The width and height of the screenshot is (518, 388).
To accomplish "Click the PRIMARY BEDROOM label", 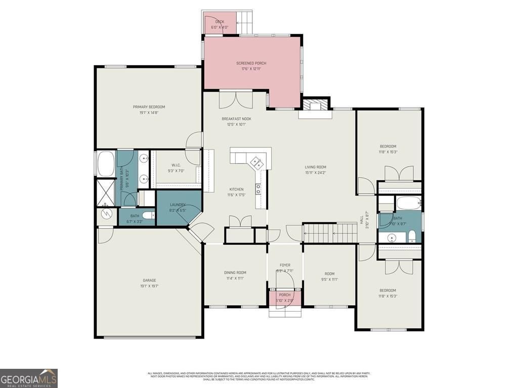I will pyautogui.click(x=149, y=107).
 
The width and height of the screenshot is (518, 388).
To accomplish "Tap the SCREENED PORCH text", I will pyautogui.click(x=251, y=63).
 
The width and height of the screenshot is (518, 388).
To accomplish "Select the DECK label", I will pyautogui.click(x=220, y=22).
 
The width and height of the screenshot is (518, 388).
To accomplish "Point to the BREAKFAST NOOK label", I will pyautogui.click(x=236, y=119).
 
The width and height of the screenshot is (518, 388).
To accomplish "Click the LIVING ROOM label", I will pyautogui.click(x=315, y=167).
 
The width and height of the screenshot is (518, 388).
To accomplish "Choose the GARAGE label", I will pyautogui.click(x=149, y=280).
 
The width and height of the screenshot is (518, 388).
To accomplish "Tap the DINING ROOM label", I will pyautogui.click(x=235, y=273).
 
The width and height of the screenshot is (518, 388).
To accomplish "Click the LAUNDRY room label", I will pyautogui.click(x=178, y=205).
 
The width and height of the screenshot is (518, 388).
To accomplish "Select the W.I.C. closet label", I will pyautogui.click(x=176, y=165).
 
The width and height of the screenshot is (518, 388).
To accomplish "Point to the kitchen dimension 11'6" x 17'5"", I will pyautogui.click(x=236, y=195).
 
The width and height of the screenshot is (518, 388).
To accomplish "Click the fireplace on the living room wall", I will pyautogui.click(x=316, y=105).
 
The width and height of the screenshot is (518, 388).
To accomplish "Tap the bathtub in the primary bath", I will pyautogui.click(x=106, y=163).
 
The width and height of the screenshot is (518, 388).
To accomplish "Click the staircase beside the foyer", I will pyautogui.click(x=329, y=233).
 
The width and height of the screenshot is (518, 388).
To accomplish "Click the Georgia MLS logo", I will pyautogui.click(x=29, y=378).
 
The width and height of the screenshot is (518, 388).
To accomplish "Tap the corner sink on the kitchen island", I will pyautogui.click(x=255, y=162).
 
